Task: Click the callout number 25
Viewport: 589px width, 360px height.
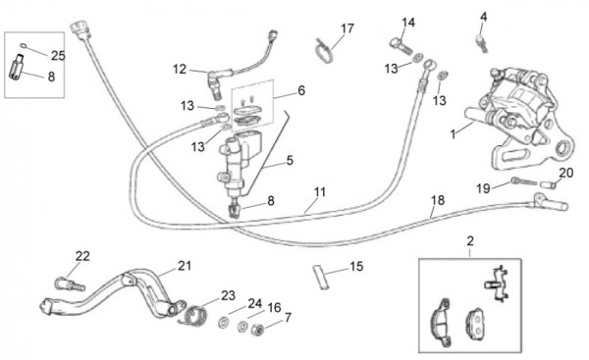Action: (x=58, y=56)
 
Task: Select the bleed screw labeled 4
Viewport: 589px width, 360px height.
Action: (x=482, y=43)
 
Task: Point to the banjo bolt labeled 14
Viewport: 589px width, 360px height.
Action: (x=402, y=46)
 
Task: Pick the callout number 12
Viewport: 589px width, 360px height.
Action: (x=180, y=70)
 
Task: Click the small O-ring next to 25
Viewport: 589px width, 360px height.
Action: (x=25, y=46)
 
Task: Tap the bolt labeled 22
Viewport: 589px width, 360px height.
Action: (x=70, y=283)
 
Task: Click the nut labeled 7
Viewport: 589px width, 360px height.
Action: (x=257, y=330)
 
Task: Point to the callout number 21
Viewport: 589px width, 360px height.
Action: (x=185, y=266)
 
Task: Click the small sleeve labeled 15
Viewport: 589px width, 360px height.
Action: (x=321, y=277)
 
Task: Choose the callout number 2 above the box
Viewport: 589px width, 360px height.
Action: (x=470, y=241)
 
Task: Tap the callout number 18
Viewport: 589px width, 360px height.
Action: (x=438, y=200)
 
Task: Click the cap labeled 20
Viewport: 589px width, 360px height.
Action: (x=548, y=184)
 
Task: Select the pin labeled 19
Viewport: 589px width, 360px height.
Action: (x=524, y=181)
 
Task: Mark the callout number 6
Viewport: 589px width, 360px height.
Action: (x=301, y=91)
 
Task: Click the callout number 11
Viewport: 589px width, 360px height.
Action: (x=320, y=192)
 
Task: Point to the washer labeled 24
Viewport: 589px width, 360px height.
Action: (x=224, y=322)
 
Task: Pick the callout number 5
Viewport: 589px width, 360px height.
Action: (x=290, y=160)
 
